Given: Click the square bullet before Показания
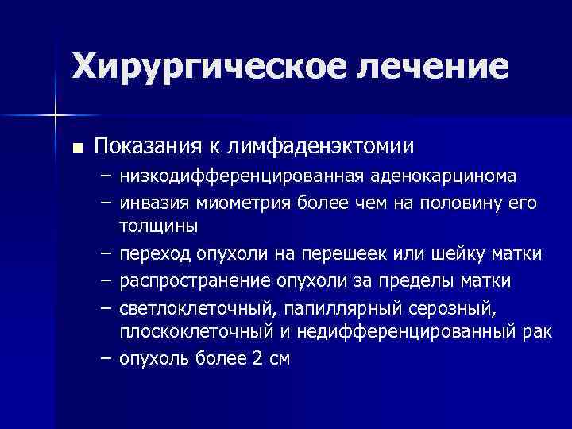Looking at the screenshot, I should pos(76,147).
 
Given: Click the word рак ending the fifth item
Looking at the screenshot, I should pos(535,332).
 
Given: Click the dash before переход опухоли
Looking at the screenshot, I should pos(105,253).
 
